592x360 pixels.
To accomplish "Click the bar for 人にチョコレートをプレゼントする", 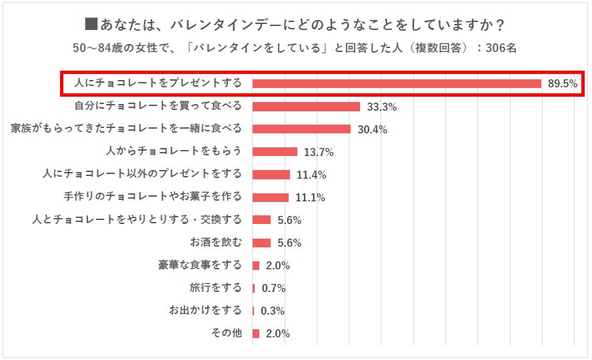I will [397, 83].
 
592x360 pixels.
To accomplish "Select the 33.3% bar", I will [306, 106].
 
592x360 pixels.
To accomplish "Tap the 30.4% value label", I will [372, 129].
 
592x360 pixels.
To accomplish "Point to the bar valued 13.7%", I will [275, 151].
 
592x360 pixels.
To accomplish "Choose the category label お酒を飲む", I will [216, 242].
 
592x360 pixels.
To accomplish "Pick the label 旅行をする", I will [216, 287].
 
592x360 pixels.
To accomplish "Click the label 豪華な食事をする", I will [200, 265].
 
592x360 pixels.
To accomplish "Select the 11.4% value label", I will [311, 175].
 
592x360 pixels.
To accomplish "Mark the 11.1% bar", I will [271, 197].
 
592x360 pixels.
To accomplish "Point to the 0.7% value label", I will [273, 288].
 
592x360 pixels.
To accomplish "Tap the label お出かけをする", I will [205, 310].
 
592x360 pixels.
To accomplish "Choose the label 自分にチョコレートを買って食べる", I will [157, 105].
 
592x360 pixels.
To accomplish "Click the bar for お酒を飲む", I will [261, 243].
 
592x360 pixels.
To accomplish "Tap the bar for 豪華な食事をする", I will [256, 265].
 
